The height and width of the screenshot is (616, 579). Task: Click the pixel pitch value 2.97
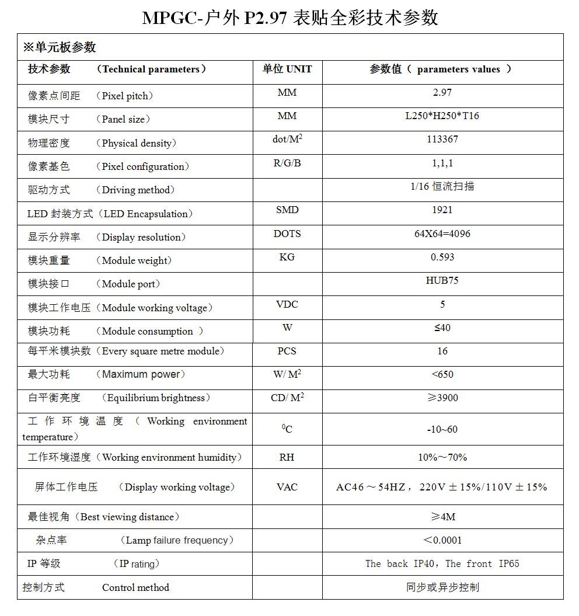442,92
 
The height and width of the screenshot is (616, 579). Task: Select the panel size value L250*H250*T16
442,116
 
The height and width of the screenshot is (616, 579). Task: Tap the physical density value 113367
442,139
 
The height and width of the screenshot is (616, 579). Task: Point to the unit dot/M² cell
287,139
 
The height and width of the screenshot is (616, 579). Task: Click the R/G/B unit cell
287,163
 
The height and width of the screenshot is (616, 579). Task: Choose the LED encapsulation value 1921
442,210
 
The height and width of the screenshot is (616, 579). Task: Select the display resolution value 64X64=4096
442,234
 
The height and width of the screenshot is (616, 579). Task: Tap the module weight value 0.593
442,257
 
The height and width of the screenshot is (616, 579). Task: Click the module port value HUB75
442,280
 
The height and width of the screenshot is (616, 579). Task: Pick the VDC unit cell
287,304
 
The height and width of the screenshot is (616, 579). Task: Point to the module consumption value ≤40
442,328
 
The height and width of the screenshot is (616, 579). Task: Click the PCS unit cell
287,351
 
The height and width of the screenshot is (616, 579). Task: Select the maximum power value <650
442,374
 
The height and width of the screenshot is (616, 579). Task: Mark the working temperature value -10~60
442,429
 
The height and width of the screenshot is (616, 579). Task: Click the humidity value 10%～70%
442,457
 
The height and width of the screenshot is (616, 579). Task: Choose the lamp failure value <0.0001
442,540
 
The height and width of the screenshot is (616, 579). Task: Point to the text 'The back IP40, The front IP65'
442,563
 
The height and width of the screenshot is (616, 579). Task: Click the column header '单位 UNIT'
287,69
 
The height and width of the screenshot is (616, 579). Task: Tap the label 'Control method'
135,587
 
